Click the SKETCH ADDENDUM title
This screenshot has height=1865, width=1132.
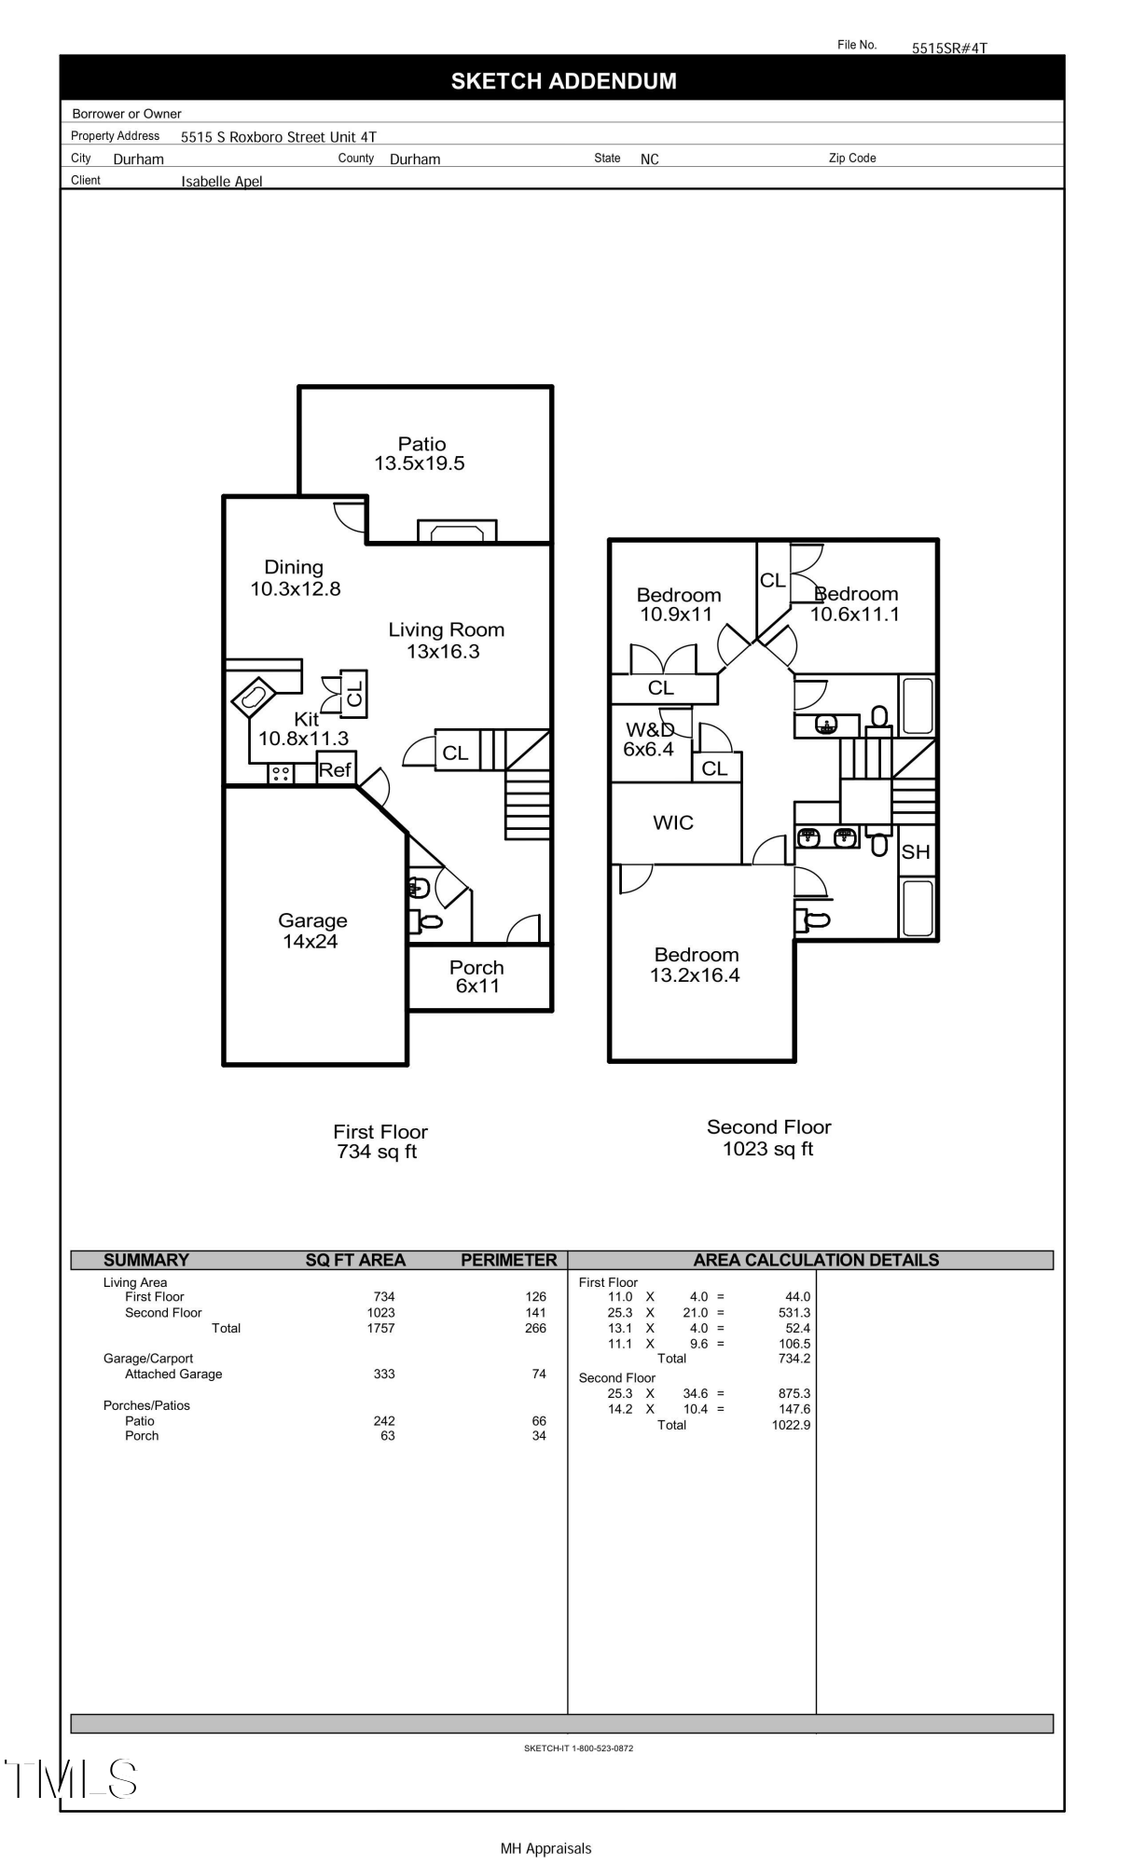[x=563, y=81]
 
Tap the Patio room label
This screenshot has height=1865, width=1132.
[x=421, y=445]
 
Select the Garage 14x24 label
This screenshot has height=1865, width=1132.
[x=311, y=931]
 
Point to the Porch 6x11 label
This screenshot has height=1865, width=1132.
[x=476, y=976]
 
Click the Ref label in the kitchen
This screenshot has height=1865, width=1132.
[x=335, y=770]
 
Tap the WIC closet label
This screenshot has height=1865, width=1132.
[x=673, y=822]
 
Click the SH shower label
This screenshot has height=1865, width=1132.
[x=915, y=852]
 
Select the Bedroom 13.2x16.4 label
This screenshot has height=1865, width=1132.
[x=696, y=965]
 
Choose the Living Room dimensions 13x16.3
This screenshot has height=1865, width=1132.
[x=443, y=652]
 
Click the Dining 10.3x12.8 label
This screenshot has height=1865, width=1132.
[x=295, y=578]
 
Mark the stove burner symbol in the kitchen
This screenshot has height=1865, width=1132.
[x=281, y=773]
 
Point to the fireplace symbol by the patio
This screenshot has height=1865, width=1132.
[x=457, y=532]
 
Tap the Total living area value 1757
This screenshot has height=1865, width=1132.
[x=380, y=1328]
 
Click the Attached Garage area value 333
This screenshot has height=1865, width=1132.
[x=384, y=1374]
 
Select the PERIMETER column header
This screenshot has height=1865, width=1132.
[x=508, y=1260]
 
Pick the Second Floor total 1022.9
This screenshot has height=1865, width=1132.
[x=791, y=1425]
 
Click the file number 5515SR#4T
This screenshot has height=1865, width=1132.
[x=948, y=48]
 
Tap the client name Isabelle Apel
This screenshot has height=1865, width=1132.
[x=222, y=182]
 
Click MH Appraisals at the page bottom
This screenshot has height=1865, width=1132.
[x=545, y=1848]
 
